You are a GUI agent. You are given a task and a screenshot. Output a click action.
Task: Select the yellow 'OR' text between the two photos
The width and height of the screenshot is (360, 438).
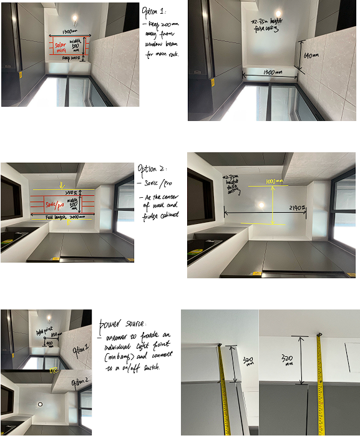(54, 371)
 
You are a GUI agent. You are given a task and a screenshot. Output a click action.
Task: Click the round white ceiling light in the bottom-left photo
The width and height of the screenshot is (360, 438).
(41, 404)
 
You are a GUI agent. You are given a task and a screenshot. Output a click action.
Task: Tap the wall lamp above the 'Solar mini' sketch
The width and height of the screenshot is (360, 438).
(75, 19)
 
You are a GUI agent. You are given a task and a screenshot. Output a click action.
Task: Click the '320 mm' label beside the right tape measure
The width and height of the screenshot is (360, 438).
(288, 361)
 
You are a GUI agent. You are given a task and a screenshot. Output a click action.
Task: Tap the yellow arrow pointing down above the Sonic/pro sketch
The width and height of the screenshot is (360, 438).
(60, 184)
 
